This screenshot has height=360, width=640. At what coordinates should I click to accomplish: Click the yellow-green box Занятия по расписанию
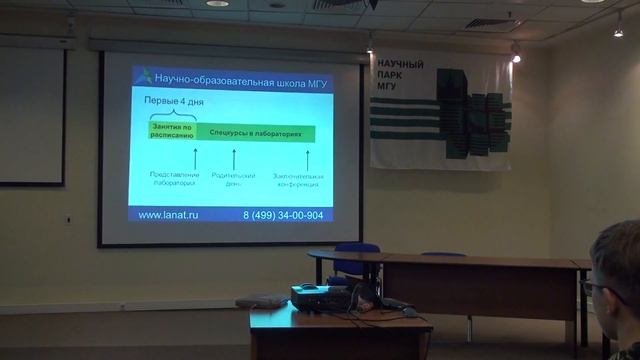(x=171, y=131)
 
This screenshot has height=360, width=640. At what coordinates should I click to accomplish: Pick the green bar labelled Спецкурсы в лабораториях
(x=254, y=132)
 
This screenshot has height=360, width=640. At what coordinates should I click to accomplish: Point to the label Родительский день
(x=233, y=180)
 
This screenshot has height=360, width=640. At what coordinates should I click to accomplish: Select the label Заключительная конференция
(x=297, y=180)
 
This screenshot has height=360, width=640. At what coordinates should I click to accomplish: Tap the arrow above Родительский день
(x=233, y=157)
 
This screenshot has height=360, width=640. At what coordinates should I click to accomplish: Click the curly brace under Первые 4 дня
(x=172, y=115)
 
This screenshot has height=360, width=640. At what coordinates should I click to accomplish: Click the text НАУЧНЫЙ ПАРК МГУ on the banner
(x=399, y=75)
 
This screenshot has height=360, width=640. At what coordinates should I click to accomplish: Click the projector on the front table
(x=319, y=295)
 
